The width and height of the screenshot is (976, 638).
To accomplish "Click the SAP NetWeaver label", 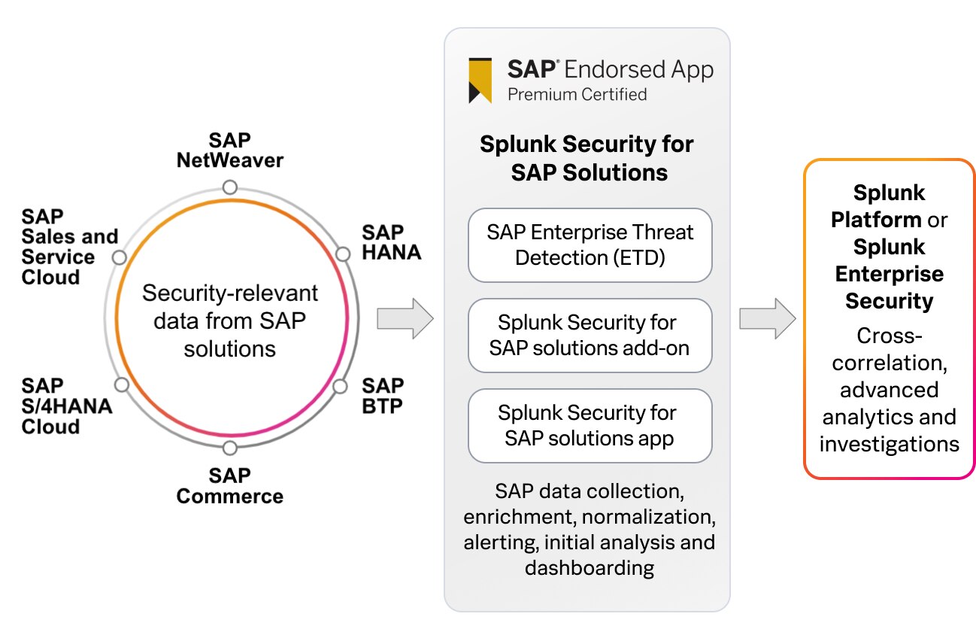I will point(229,150).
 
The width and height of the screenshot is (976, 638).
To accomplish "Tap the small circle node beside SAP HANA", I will point(343,254).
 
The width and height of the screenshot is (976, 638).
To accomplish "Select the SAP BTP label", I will point(383,396).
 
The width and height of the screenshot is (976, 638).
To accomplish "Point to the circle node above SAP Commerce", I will point(230,448).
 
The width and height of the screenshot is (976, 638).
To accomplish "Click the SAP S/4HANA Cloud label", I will point(66,406).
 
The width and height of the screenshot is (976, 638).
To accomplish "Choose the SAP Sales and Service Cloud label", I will point(69,247).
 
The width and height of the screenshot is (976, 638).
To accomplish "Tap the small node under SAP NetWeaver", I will point(230,187).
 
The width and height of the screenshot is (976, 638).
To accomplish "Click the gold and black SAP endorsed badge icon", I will point(480,80).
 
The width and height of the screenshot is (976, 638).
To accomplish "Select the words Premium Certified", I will point(577,94).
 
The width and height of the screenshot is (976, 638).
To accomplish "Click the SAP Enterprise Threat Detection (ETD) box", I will point(590,245).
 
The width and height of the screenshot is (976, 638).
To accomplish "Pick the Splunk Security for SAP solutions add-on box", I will point(590,336).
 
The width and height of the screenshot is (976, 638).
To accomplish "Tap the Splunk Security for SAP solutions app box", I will point(590,426).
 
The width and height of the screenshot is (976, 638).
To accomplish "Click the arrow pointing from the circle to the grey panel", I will point(405,318).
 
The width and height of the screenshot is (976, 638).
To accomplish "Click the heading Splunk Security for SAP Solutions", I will point(587,158).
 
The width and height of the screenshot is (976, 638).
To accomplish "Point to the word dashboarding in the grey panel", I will point(589,567).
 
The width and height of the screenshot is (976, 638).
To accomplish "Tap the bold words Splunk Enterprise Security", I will point(889,274).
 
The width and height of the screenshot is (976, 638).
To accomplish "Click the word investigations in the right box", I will point(889,444).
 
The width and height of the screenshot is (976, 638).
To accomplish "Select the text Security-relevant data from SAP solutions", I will point(230,321).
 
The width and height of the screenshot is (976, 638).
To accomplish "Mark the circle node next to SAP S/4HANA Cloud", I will point(122,384).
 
